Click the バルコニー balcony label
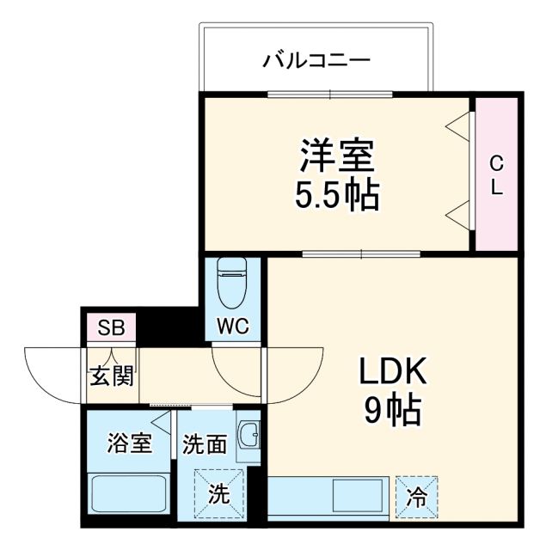(316, 61)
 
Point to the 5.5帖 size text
(337, 197)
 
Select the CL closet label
(497, 175)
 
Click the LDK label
(392, 375)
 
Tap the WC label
(233, 326)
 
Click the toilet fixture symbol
(232, 283)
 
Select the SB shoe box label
(110, 327)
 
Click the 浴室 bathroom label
(129, 443)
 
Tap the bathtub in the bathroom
(129, 495)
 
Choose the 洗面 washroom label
(205, 443)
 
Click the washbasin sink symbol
(248, 437)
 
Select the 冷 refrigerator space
(416, 497)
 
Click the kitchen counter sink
(359, 496)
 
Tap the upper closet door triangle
(459, 125)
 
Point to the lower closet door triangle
(459, 215)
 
